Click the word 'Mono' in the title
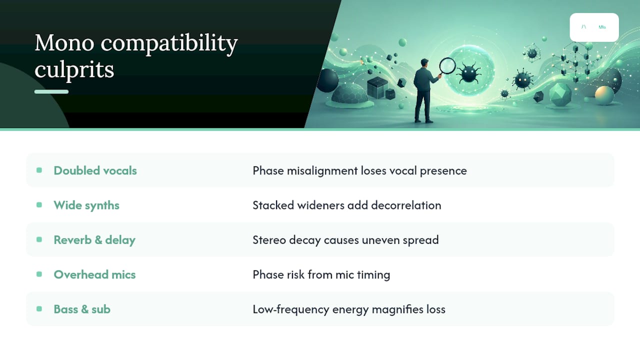coord(64,43)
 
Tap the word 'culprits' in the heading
coord(74,69)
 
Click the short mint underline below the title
coord(51,91)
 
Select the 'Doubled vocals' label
coord(95,170)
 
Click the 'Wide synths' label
coord(86,205)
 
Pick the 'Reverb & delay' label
coord(94,240)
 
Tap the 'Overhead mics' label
coord(94,274)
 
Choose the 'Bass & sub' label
coord(82,309)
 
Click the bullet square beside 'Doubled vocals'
coord(39,170)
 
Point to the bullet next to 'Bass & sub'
coord(39,309)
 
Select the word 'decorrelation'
coord(406,205)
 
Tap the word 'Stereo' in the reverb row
coord(269,240)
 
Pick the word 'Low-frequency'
coord(291,309)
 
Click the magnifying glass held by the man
coord(447,66)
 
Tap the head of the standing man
coord(424,63)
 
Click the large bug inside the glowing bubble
coord(468,73)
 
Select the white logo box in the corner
coord(594,27)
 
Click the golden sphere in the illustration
coord(604,95)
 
